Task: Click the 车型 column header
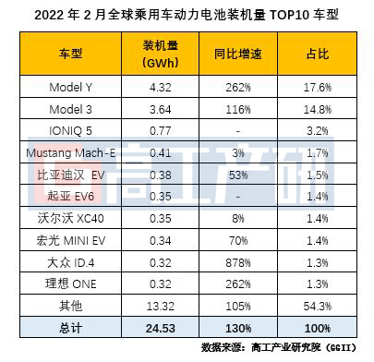coord(70,54)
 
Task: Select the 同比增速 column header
coord(238,54)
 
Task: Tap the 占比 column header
coord(318,54)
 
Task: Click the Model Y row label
coord(70,88)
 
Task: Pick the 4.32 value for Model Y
coord(161,88)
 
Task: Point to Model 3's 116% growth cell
coord(238,110)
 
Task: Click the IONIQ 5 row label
coord(70,131)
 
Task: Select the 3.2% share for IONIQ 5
coord(318,131)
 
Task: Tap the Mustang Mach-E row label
coord(70,153)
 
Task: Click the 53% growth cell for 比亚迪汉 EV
coord(238,175)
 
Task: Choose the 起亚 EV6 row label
coord(70,197)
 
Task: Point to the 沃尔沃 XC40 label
coord(70,219)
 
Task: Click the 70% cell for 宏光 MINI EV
coord(238,241)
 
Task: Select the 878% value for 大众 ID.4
coord(238,263)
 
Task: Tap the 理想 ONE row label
coord(70,284)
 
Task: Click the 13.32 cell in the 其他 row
coord(161,307)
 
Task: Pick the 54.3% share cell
coord(318,307)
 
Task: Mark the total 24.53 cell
coord(161,328)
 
